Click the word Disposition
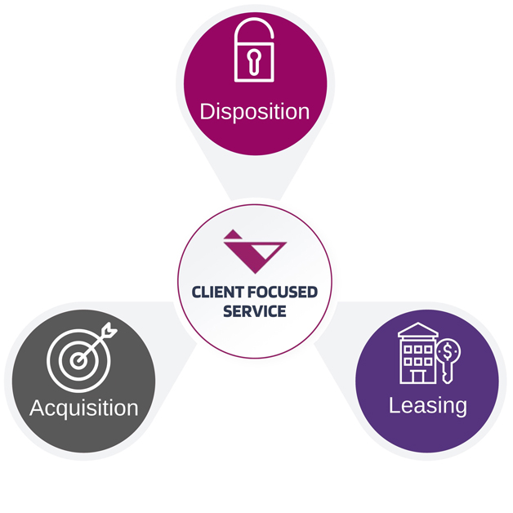pyautogui.click(x=255, y=111)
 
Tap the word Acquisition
pyautogui.click(x=83, y=407)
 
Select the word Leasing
pyautogui.click(x=427, y=404)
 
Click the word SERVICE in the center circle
pyautogui.click(x=256, y=311)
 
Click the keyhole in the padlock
pyautogui.click(x=256, y=60)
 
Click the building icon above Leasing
pyautogui.click(x=417, y=354)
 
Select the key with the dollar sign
pyautogui.click(x=448, y=360)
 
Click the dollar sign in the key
pyautogui.click(x=448, y=352)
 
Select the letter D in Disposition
pyautogui.click(x=207, y=111)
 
